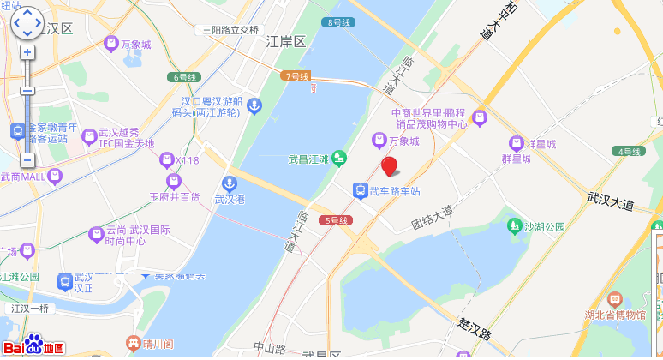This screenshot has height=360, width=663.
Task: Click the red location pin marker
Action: tap(389, 166)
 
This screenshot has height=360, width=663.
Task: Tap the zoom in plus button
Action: tap(27, 52)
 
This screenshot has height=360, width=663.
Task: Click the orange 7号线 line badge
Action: tap(296, 76)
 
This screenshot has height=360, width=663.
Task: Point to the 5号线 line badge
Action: tap(335, 221)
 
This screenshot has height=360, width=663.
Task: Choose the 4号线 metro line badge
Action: tap(629, 152)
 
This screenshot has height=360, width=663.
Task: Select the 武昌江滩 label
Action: tap(309, 158)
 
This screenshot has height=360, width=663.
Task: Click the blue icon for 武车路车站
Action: tap(361, 190)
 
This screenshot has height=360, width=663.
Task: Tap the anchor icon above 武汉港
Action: tap(229, 183)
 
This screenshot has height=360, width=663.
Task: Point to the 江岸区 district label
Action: tap(285, 42)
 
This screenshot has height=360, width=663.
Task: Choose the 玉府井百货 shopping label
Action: tap(174, 197)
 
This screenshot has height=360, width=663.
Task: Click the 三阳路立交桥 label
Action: tap(230, 29)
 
